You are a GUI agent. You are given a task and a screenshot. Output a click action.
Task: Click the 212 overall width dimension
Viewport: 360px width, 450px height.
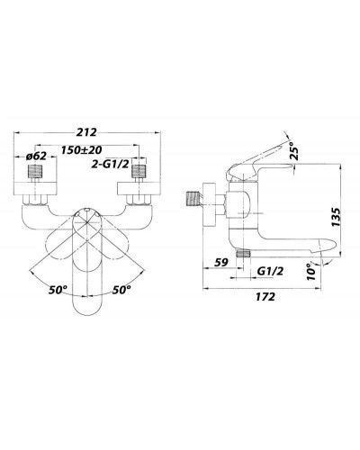tap(86, 132)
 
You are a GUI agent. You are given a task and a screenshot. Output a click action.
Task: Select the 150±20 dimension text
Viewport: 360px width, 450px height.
tap(81, 150)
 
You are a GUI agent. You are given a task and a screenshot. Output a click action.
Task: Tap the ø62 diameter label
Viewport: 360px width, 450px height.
tap(36, 157)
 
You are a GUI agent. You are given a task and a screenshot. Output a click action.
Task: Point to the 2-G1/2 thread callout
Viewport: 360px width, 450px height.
tap(110, 165)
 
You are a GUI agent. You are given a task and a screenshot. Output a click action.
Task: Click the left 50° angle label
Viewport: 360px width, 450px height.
tap(58, 290)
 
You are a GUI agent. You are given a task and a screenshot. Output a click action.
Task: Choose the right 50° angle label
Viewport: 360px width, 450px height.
tap(121, 290)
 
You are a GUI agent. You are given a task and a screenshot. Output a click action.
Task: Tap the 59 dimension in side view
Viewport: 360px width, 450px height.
tap(221, 262)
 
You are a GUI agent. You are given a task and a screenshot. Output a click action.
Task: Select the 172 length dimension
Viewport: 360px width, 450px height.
tap(265, 297)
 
